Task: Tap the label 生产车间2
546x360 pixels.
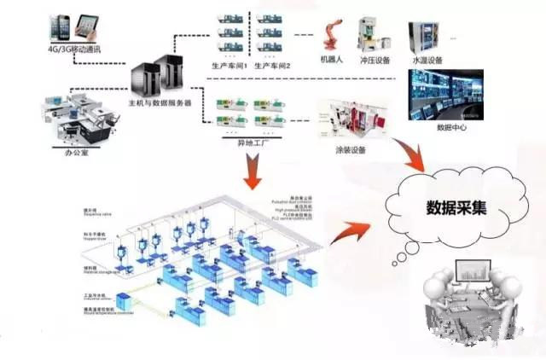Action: click(274, 67)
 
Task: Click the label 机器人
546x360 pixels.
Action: click(332, 61)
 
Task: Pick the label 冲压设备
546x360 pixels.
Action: click(375, 61)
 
